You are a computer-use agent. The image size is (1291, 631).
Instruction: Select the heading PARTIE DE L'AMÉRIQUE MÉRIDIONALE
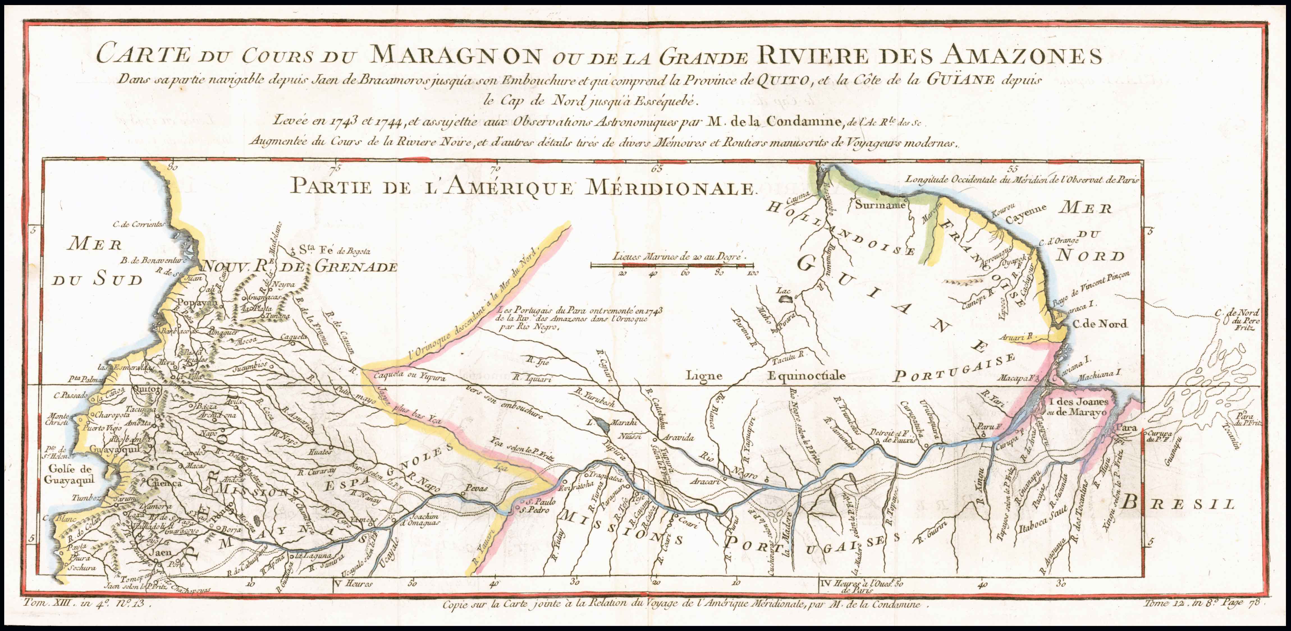522,187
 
